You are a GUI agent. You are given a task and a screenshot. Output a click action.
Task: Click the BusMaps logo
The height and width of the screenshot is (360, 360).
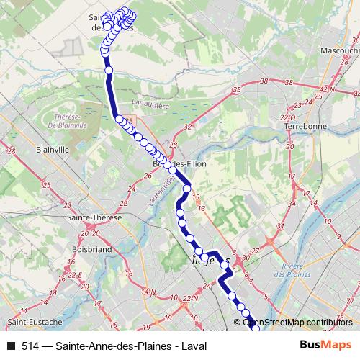tap(325, 344)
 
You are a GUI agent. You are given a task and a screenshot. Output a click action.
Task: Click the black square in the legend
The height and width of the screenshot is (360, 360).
tap(9, 345)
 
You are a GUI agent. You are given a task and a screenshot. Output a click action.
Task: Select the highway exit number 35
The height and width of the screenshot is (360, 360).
tap(236, 89)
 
